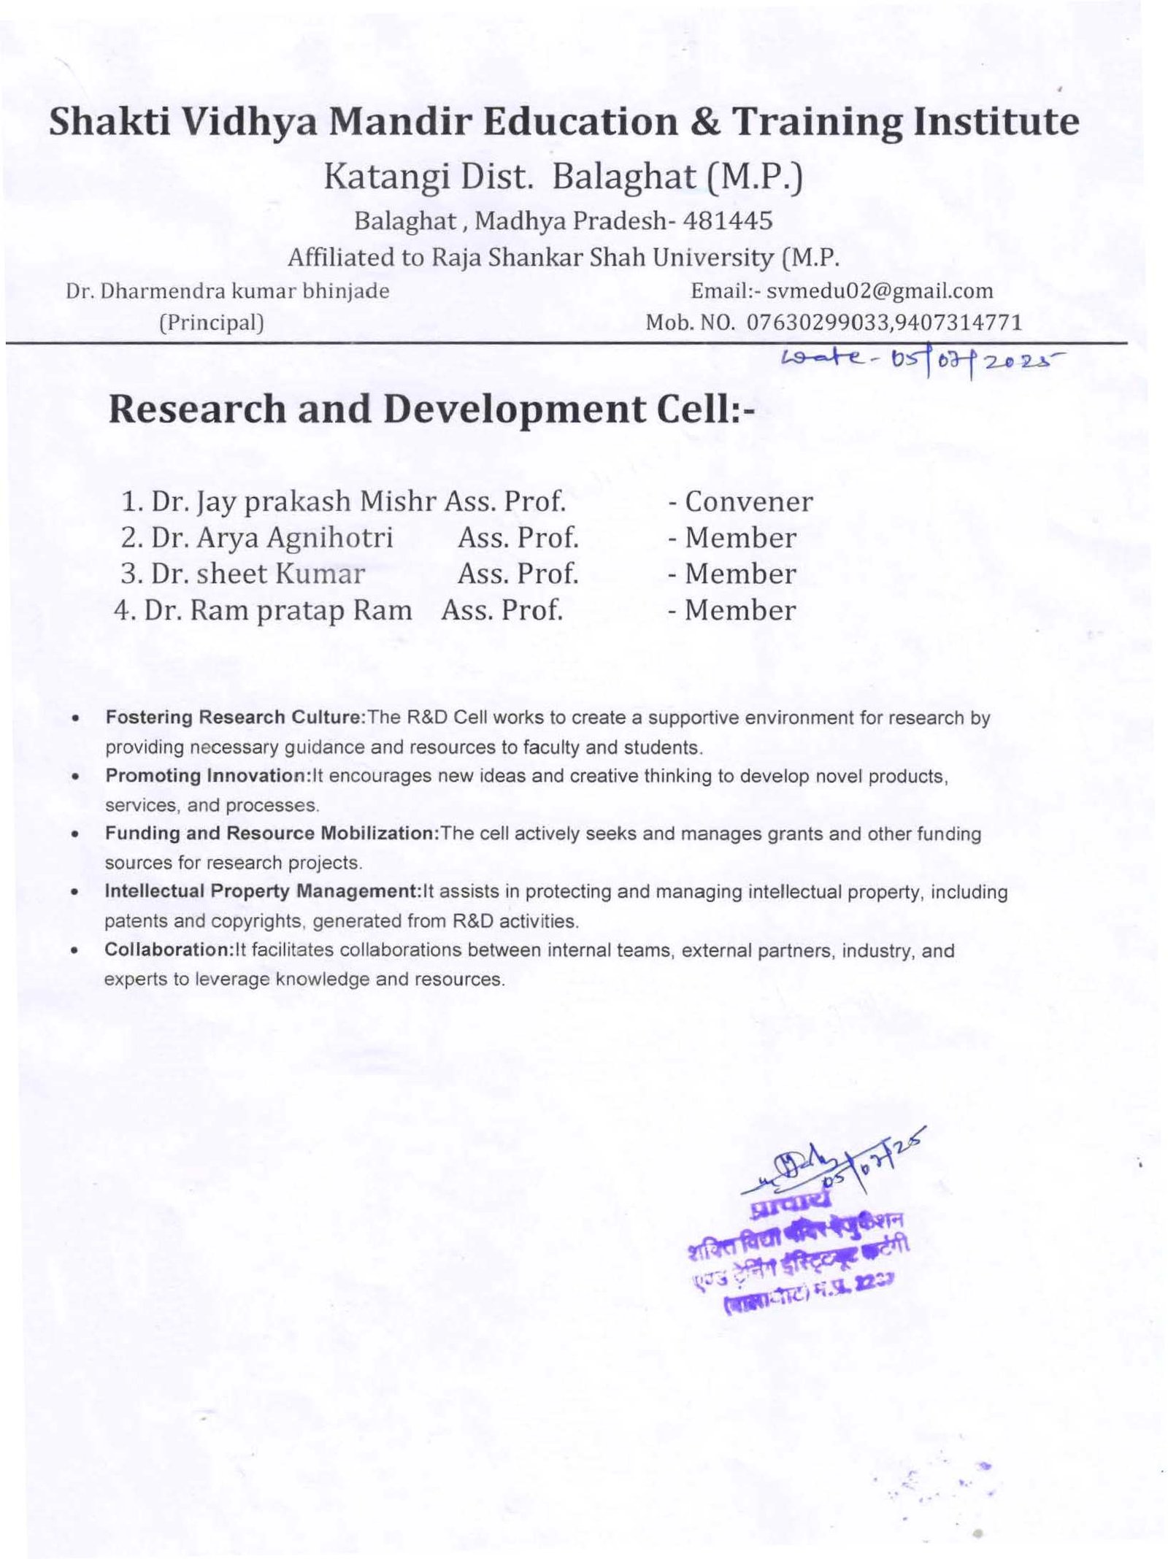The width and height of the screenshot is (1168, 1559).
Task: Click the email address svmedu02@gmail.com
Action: pos(879,291)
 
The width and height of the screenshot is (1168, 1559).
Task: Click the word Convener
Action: pos(748,501)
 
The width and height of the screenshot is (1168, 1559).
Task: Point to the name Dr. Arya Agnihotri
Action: pos(272,538)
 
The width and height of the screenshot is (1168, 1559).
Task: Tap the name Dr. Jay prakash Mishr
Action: pos(293,501)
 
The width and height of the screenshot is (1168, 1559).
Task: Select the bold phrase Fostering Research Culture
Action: pos(234,717)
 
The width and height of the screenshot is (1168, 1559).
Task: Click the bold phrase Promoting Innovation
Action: pos(208,776)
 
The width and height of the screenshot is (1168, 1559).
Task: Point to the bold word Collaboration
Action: pos(168,950)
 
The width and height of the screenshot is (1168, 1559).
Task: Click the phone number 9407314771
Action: pos(960,322)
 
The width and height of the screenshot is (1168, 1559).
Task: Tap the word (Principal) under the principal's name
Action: pos(212,322)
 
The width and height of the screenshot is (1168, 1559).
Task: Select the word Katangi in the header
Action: pos(387,177)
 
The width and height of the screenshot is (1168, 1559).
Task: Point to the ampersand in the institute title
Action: pos(704,122)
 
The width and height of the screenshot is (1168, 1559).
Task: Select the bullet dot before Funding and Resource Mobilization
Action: pos(74,834)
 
